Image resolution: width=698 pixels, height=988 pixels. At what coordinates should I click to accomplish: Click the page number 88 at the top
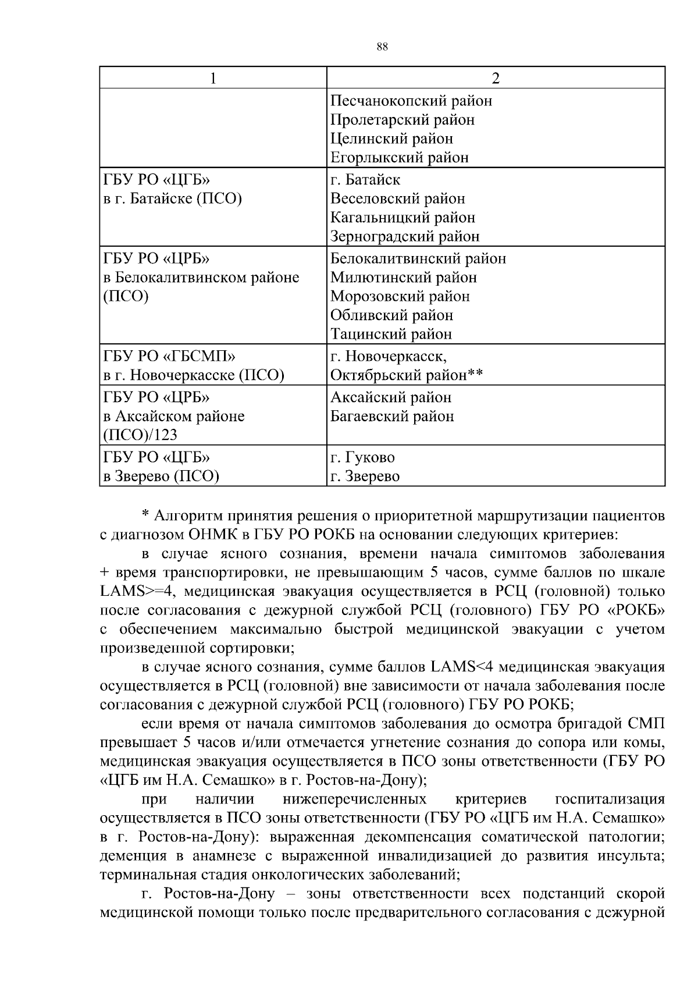click(382, 48)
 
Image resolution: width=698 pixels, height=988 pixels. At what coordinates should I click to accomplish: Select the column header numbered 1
click(213, 78)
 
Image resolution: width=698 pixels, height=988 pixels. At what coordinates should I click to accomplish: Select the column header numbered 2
click(496, 78)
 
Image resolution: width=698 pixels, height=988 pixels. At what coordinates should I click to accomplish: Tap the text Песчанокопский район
click(411, 101)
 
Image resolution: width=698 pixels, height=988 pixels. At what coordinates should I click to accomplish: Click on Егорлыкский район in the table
click(399, 157)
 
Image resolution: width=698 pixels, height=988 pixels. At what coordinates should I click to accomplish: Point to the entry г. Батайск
click(365, 180)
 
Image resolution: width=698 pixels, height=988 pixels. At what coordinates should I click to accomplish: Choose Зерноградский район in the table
click(405, 236)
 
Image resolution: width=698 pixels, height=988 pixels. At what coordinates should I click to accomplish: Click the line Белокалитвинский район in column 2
click(418, 258)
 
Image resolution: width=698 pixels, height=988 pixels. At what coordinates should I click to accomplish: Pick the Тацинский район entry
click(391, 334)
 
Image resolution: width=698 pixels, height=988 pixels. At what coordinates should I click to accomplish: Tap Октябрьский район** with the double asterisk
click(407, 375)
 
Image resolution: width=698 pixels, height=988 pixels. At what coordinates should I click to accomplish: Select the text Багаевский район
click(392, 416)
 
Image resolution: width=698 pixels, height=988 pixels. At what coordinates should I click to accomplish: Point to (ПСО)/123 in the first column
click(140, 435)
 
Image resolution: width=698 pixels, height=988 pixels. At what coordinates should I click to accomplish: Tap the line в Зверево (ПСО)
click(161, 477)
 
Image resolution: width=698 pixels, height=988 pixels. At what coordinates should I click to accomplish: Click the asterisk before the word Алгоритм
click(145, 516)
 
